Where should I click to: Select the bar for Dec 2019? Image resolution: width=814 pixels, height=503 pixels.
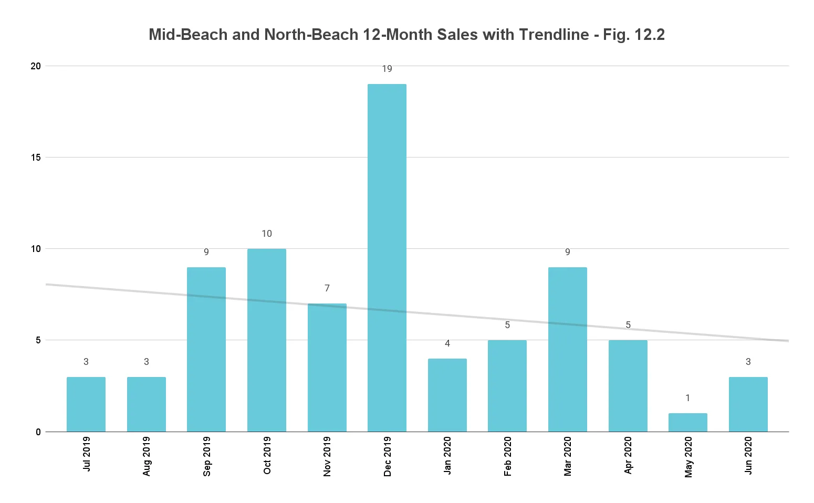pyautogui.click(x=387, y=257)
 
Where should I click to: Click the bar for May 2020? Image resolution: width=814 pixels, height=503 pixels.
pyautogui.click(x=688, y=423)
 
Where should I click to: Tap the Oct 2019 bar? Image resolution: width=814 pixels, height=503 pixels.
pyautogui.click(x=267, y=340)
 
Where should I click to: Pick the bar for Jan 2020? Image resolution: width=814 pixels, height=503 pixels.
pyautogui.click(x=447, y=395)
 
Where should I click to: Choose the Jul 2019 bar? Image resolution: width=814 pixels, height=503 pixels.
pyautogui.click(x=86, y=404)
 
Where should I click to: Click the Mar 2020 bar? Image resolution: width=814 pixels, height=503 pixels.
pyautogui.click(x=568, y=349)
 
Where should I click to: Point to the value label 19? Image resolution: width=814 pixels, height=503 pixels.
pyautogui.click(x=387, y=69)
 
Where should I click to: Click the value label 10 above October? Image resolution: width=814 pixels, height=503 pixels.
pyautogui.click(x=267, y=234)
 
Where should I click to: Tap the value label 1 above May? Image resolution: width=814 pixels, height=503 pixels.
pyautogui.click(x=688, y=398)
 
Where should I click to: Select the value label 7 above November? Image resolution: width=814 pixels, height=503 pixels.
pyautogui.click(x=327, y=288)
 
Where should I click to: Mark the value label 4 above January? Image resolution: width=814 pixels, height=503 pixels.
pyautogui.click(x=447, y=343)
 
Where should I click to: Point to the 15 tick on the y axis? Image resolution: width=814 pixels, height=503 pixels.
pyautogui.click(x=36, y=157)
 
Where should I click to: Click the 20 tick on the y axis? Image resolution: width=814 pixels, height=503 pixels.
pyautogui.click(x=36, y=66)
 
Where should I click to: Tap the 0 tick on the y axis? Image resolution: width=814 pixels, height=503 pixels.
pyautogui.click(x=38, y=432)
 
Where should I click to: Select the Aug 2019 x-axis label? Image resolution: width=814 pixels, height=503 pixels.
pyautogui.click(x=147, y=456)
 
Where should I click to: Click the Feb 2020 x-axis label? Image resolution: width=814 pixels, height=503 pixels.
pyautogui.click(x=507, y=456)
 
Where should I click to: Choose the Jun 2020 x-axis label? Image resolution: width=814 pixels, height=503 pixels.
pyautogui.click(x=748, y=455)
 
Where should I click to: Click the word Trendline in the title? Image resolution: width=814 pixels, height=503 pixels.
pyautogui.click(x=554, y=35)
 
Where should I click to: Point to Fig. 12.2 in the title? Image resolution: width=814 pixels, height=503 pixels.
pyautogui.click(x=634, y=35)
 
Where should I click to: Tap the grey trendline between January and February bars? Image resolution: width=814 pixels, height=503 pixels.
pyautogui.click(x=477, y=317)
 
